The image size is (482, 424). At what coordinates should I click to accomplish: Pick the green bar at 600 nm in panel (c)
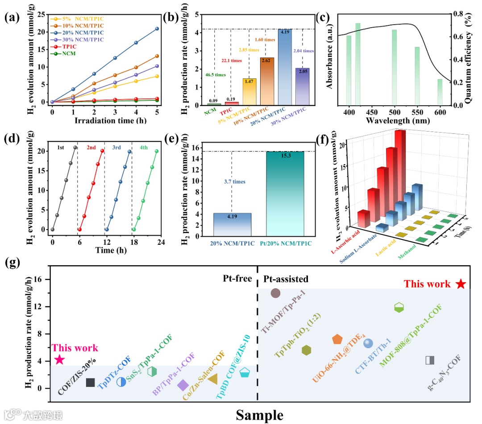click(440, 92)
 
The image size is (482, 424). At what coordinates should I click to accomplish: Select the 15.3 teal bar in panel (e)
click(285, 193)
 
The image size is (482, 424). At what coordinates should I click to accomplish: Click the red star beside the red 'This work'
click(461, 284)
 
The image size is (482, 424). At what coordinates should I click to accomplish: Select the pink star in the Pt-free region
click(59, 360)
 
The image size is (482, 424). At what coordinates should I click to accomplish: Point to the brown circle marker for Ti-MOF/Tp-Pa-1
click(275, 293)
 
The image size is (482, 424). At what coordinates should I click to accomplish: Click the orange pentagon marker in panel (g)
click(337, 340)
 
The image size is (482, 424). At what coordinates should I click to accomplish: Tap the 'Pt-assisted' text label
click(286, 279)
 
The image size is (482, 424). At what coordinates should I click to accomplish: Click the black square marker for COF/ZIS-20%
click(90, 383)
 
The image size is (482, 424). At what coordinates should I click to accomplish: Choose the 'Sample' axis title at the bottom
click(259, 415)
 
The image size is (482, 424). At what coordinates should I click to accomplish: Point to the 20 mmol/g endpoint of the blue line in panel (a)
click(157, 29)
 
